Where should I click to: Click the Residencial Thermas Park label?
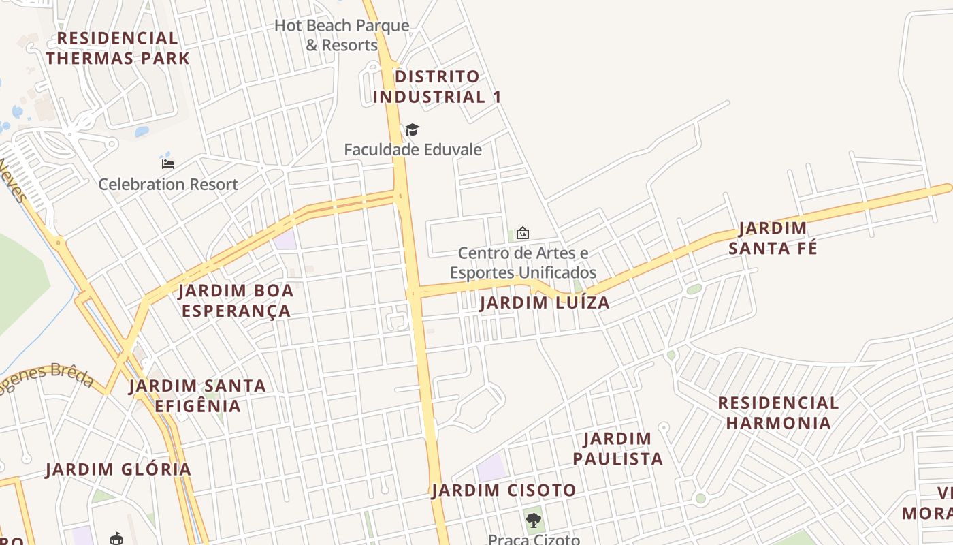[118, 48]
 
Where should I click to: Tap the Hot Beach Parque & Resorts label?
[342, 35]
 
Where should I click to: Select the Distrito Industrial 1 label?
[437, 87]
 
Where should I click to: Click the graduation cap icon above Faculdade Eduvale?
[412, 129]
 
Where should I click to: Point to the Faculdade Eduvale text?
[413, 149]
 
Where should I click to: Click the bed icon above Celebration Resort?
[168, 163]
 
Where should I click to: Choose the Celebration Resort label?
[168, 184]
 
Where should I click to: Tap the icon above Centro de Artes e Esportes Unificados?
[522, 233]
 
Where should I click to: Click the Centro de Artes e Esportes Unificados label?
[523, 263]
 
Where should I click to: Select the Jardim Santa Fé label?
[773, 238]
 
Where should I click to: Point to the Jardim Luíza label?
[545, 302]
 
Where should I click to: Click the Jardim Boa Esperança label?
[236, 300]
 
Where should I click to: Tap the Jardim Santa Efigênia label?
[197, 396]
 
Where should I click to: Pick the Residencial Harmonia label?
[778, 413]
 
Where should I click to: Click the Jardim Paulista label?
[617, 448]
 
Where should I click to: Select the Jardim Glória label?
[118, 469]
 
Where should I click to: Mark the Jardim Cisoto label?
[504, 490]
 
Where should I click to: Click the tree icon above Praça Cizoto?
[534, 520]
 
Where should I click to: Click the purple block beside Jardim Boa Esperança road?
[285, 239]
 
